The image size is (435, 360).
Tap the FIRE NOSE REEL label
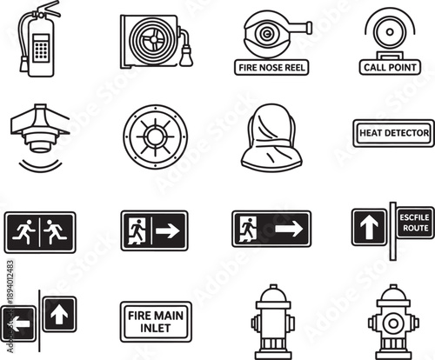[272, 67]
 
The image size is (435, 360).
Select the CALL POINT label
[389, 66]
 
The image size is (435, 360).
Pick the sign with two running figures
[39, 231]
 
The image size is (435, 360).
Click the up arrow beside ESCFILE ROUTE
[368, 227]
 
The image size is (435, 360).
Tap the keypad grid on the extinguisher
[39, 50]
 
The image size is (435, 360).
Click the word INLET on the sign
[154, 329]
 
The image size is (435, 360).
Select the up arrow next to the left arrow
[60, 311]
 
